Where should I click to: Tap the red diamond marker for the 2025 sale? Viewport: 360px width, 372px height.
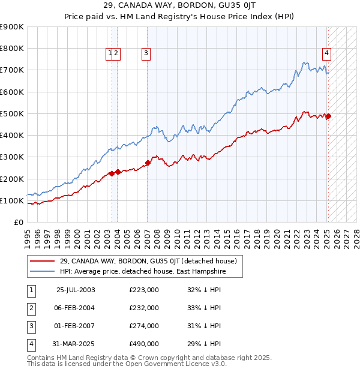[328, 116]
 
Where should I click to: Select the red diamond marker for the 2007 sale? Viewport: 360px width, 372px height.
[148, 163]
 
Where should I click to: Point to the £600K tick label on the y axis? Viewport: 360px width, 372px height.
[12, 92]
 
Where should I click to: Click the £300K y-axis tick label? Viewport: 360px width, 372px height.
[12, 157]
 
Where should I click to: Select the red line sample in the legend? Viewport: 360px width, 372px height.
[41, 261]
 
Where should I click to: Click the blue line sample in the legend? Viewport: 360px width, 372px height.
[41, 271]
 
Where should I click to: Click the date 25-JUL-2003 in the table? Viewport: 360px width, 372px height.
[76, 290]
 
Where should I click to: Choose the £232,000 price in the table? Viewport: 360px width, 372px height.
[144, 308]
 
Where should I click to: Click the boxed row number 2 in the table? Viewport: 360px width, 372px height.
[31, 308]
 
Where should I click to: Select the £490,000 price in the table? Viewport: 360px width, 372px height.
[144, 344]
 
